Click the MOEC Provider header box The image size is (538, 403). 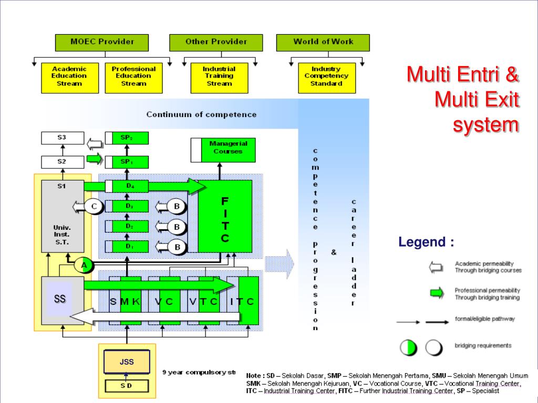102,42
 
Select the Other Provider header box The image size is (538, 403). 216,42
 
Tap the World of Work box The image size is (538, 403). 323,42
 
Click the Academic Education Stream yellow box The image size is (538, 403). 69,77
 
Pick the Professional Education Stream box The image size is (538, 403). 133,77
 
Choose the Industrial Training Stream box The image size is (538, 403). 219,77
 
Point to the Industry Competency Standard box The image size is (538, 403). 326,77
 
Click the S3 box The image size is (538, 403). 62,138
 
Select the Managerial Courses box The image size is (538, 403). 223,149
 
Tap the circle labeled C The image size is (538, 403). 94,207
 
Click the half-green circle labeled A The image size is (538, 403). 83,266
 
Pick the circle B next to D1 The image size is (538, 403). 178,247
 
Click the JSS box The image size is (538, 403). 127,362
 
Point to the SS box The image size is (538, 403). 60,299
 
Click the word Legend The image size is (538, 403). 426,242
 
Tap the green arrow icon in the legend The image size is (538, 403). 437,293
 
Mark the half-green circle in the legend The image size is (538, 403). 409,347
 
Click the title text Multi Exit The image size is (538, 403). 477,99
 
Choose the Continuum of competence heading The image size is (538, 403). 201,114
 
